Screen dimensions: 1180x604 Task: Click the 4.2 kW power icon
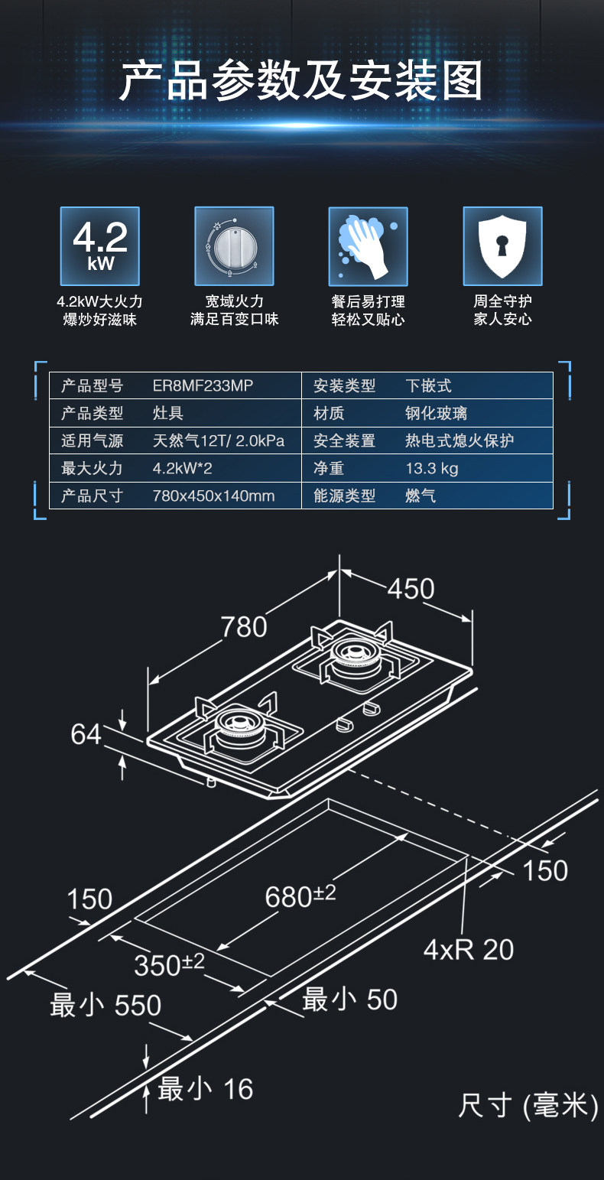coord(100,246)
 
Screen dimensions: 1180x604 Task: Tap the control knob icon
coord(234,246)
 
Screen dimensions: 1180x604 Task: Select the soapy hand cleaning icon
coord(368,246)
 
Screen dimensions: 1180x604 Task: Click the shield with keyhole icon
coord(502,246)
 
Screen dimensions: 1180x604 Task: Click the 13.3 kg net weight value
coord(432,468)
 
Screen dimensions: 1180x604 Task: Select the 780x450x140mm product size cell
coord(213,496)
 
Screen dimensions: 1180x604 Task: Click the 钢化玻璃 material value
coord(436,414)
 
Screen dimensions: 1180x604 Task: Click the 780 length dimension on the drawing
coord(244,627)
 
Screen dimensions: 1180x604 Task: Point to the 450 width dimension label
coord(411,589)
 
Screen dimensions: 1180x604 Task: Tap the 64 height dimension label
coord(86,734)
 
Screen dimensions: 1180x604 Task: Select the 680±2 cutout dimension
coord(300,896)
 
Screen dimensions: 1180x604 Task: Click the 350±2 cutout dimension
coord(170,964)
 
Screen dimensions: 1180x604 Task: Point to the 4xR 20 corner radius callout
coord(469,950)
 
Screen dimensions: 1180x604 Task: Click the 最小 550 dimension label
coord(106,1005)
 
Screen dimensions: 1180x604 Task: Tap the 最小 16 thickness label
coord(205,1089)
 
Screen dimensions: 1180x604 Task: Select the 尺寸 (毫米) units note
coord(528,1106)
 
